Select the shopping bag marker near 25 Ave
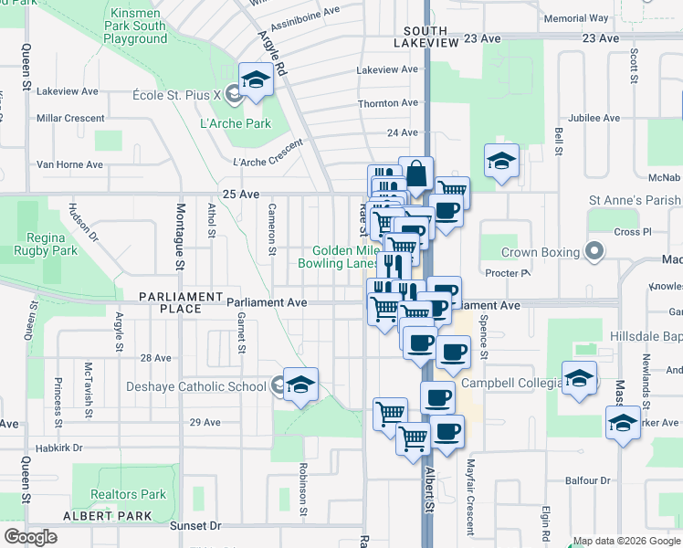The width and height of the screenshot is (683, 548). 415,174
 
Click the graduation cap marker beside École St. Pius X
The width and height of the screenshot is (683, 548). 256,79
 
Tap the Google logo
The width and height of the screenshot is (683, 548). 31,537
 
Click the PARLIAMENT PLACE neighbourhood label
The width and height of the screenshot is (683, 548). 181,303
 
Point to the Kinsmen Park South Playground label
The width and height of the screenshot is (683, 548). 137,26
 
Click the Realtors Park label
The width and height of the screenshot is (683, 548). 128,495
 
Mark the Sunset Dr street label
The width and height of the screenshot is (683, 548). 195,526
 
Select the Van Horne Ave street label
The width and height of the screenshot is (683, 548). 69,164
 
